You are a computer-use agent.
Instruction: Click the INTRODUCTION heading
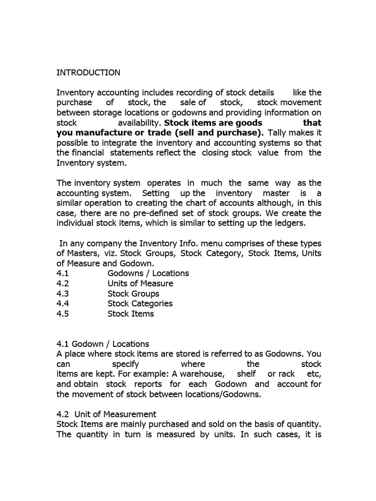coord(88,72)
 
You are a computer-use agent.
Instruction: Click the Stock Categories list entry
coord(140,303)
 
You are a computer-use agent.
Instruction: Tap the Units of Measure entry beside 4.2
coord(140,283)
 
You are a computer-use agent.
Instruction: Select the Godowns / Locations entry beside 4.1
coord(148,273)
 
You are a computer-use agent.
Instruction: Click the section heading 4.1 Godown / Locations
coord(103,344)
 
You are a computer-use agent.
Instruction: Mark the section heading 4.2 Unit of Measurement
coord(106,414)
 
